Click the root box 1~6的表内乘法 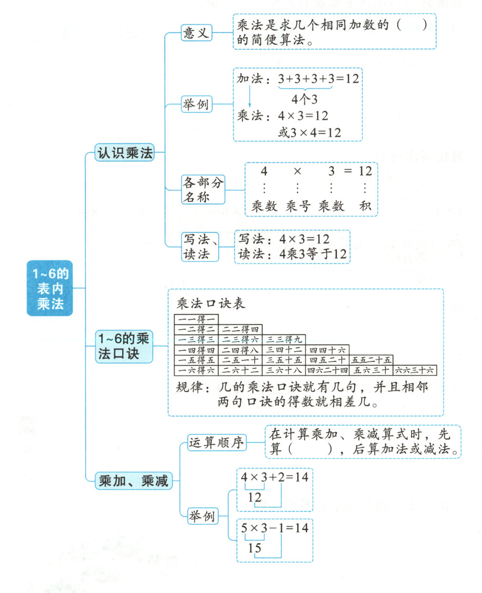[x=50, y=288]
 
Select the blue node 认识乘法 [x=124, y=153]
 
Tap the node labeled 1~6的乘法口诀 [x=123, y=346]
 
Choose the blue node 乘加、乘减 [x=133, y=480]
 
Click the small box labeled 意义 [x=196, y=33]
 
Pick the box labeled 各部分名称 [x=203, y=189]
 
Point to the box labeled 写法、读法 [x=200, y=246]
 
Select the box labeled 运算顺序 [x=216, y=442]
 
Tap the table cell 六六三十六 [x=415, y=370]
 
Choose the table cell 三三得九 [x=284, y=339]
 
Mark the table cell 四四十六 [x=327, y=350]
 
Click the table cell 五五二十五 [x=371, y=360]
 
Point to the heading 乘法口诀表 [x=211, y=303]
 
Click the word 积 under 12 [x=365, y=206]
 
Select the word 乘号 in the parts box [x=298, y=206]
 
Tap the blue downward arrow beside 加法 [x=249, y=98]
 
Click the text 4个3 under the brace [x=304, y=100]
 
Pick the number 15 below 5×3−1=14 [x=255, y=547]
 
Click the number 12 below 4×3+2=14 [x=255, y=497]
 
